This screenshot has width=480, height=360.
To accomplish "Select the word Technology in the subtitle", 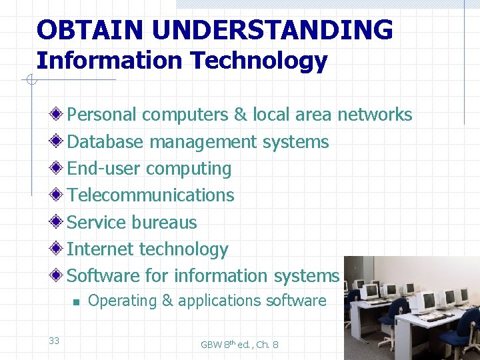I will pos(259,61).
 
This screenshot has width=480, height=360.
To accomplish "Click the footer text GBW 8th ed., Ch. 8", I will pos(239,344).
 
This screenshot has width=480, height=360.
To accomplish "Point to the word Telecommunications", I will pos(151,195).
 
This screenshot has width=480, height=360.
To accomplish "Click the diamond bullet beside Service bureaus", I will pos(59,222).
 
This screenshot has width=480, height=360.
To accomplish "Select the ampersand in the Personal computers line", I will pos(241,115).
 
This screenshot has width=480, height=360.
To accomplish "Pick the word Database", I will pos(105,142).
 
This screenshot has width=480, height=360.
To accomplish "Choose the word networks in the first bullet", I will pos(375,115).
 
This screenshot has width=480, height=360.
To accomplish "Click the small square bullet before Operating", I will pos(77,302).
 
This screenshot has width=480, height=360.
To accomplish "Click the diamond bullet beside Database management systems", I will pos(59,142).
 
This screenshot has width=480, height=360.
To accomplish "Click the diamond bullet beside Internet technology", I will pos(59,249).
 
